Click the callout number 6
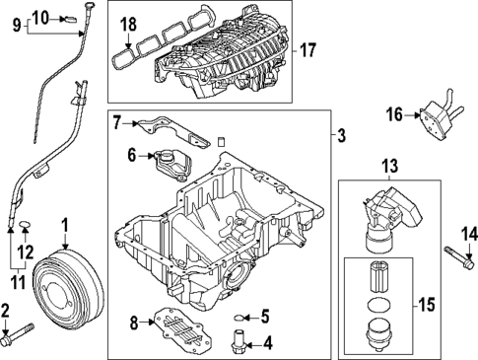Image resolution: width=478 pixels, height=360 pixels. point(131,155)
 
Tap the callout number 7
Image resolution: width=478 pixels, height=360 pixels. point(117,123)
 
